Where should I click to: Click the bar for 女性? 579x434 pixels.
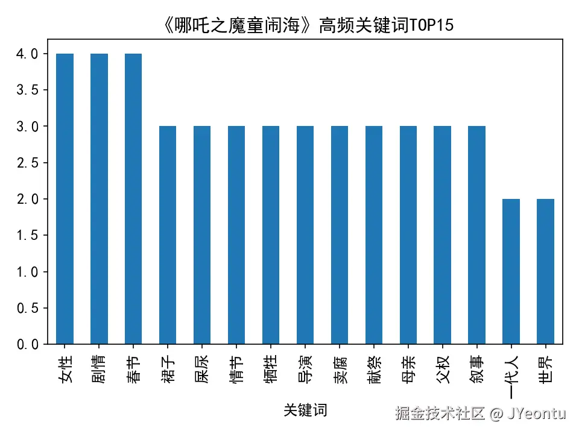tap(65, 199)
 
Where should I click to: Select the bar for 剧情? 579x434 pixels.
tap(99, 199)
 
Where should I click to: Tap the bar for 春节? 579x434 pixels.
tap(133, 199)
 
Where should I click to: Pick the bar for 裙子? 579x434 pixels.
tap(168, 235)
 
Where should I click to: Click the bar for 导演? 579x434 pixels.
tap(305, 235)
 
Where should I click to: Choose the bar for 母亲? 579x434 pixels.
tap(408, 235)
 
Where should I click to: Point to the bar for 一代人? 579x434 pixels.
tap(511, 271)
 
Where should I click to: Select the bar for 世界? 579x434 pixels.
tap(546, 271)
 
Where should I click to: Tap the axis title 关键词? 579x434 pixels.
tap(305, 410)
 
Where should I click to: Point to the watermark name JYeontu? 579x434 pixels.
tap(536, 414)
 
